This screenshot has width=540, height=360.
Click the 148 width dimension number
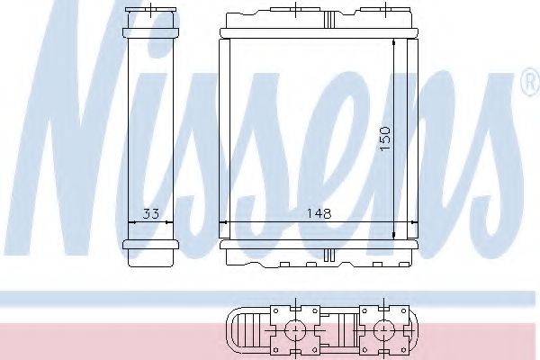[x=319, y=214]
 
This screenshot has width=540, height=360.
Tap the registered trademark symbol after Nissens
[x=528, y=86]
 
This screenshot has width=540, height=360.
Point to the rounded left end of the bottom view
[x=236, y=330]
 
